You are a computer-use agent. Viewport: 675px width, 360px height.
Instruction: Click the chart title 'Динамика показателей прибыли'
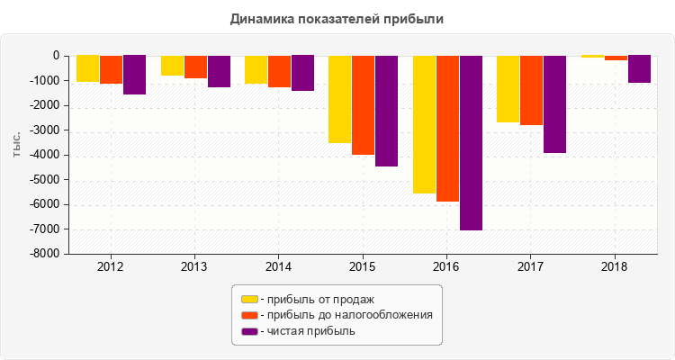pos(337,18)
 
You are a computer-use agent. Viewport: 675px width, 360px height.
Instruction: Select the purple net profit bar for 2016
pos(471,142)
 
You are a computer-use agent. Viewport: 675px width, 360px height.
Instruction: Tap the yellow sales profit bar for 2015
pos(339,99)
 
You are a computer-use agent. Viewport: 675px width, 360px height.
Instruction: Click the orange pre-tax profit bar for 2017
pos(531,90)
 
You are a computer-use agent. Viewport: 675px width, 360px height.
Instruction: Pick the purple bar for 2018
pos(639,68)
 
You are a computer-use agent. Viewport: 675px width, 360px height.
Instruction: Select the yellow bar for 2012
pos(87,68)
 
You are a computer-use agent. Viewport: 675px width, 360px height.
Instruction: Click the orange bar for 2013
pos(195,67)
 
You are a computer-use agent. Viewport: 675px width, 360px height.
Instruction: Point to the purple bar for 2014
pos(302,73)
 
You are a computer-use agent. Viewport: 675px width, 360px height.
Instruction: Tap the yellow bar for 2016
pos(424,124)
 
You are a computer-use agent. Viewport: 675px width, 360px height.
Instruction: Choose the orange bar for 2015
pos(363,104)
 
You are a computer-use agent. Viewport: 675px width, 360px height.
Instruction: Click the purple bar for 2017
pos(554,103)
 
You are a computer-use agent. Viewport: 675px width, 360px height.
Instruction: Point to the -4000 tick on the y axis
pos(45,155)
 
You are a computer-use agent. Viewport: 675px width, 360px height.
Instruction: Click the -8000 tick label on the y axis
pos(45,254)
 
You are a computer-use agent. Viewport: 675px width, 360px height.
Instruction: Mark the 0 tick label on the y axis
pos(55,56)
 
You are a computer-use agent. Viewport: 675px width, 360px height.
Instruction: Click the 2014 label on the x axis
pos(278,267)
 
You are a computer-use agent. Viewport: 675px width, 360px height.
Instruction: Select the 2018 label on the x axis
pos(614,267)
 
